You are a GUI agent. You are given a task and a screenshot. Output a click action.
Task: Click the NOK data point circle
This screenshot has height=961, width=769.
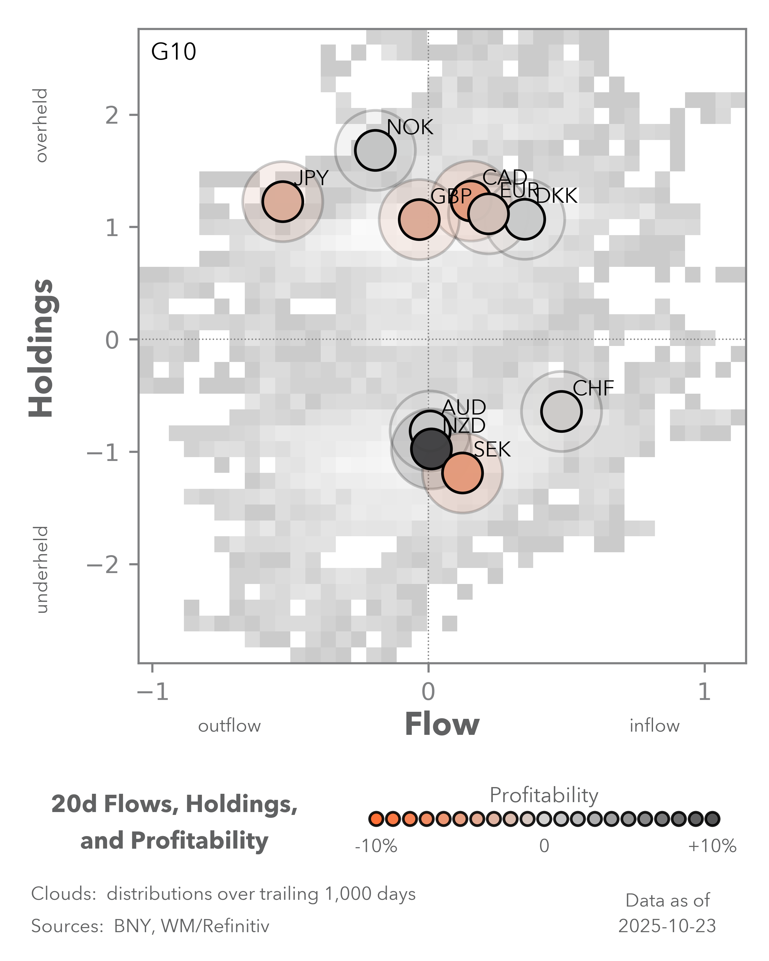coord(375,150)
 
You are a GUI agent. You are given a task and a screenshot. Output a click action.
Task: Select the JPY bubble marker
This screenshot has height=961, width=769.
coord(283,201)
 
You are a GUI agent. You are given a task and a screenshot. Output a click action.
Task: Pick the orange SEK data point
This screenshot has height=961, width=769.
coord(462,472)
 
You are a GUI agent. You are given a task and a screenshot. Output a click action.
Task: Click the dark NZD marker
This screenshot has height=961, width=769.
coord(431,449)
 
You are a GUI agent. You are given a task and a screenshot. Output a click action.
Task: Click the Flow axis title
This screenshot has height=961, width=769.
coord(442,724)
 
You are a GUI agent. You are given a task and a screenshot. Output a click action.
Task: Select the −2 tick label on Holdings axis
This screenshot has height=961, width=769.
coord(103,565)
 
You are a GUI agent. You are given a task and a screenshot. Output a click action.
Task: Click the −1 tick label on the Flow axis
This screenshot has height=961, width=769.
coord(153,692)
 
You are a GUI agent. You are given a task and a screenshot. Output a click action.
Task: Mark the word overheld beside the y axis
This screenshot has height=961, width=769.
coord(41,125)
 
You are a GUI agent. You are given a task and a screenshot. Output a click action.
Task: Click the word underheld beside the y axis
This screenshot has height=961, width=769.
coord(41,569)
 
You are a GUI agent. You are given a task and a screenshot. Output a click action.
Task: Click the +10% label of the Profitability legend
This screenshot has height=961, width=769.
coord(712,846)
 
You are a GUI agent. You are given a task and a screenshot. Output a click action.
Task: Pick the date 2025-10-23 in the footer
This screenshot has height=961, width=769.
coord(667,926)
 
